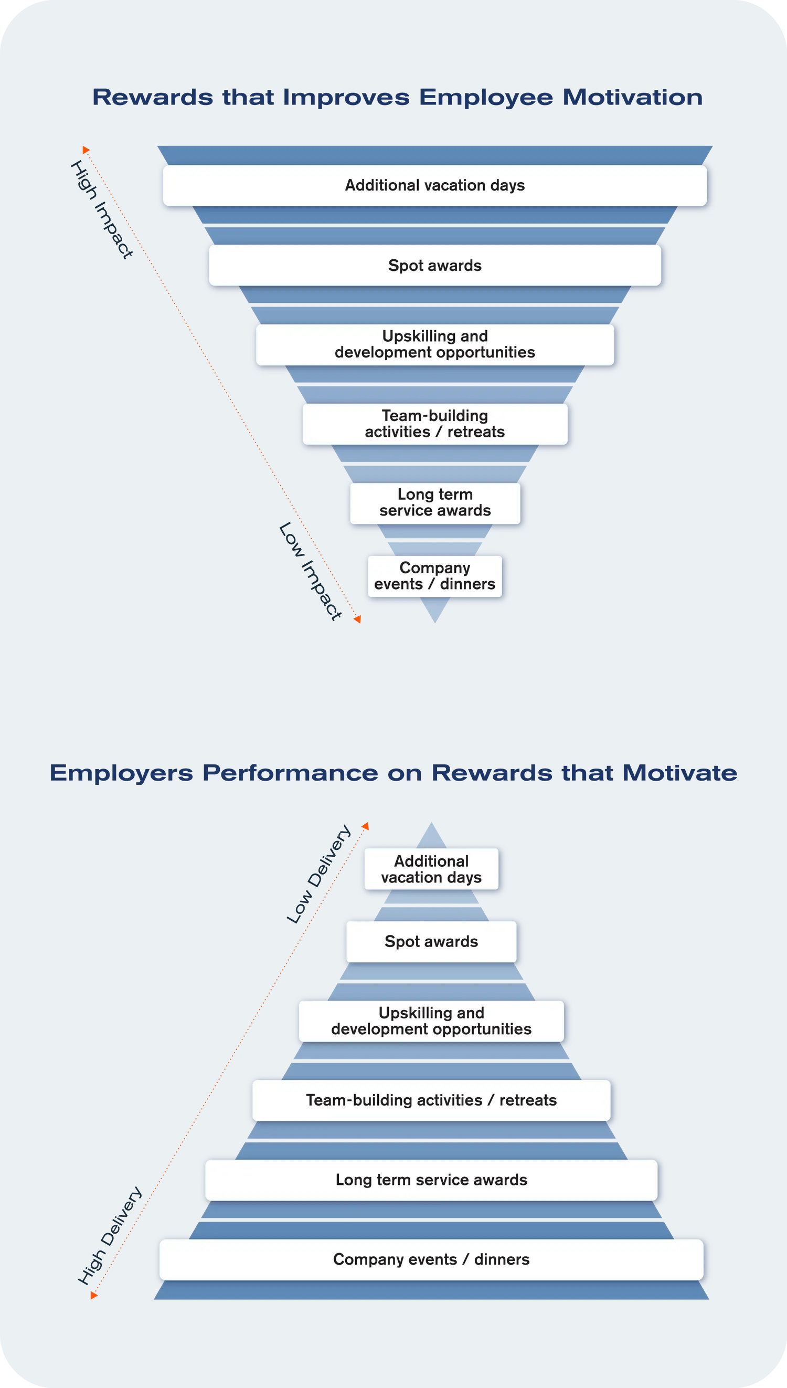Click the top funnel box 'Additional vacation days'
[434, 185]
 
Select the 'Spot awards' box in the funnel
[434, 266]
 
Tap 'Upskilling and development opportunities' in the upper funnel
[434, 344]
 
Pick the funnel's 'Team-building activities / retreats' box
[434, 424]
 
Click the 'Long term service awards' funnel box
[434, 503]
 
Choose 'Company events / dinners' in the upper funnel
[434, 576]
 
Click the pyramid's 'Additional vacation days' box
[431, 869]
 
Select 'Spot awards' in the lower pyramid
[431, 941]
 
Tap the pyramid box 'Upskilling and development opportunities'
[431, 1021]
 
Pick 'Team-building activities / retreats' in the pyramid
[431, 1100]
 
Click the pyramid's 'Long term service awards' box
[431, 1180]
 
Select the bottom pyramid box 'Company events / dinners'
[431, 1259]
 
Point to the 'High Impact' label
[102, 209]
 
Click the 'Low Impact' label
[310, 571]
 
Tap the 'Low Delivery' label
[318, 875]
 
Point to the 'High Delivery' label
[110, 1236]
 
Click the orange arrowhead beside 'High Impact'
[86, 150]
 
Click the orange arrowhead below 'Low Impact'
[357, 619]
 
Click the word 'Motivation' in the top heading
[632, 98]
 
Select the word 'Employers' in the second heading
[121, 773]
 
